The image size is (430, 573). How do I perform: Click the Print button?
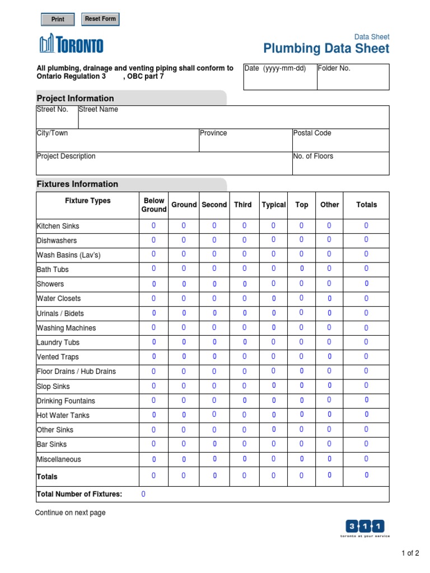point(58,20)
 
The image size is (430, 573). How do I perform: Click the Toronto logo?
point(71,44)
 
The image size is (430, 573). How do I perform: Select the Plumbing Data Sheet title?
point(326,49)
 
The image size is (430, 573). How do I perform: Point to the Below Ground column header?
point(154,205)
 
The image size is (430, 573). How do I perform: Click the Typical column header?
point(274,205)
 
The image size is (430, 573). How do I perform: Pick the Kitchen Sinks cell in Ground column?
point(184,226)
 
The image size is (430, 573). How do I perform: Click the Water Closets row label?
point(59,299)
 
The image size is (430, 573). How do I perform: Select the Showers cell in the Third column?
point(244,284)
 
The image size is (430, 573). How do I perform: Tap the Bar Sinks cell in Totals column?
point(366,444)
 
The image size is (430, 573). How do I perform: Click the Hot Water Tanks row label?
point(63,415)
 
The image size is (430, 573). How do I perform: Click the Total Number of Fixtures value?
point(143,494)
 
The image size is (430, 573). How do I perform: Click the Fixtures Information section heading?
point(77,184)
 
